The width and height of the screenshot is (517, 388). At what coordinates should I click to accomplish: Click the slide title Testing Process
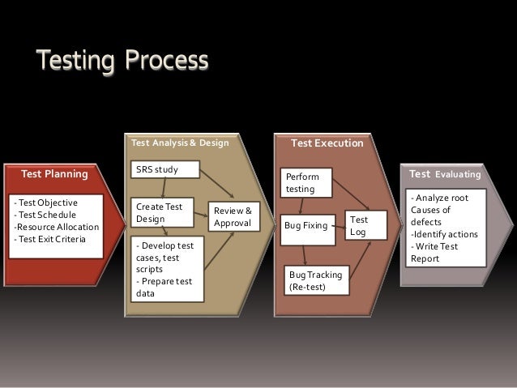pyautogui.click(x=121, y=61)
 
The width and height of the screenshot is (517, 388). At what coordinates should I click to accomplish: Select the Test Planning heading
pyautogui.click(x=54, y=173)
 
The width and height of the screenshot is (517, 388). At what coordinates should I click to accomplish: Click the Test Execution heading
pyautogui.click(x=327, y=144)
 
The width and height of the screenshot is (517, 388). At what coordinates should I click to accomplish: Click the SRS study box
pyautogui.click(x=165, y=170)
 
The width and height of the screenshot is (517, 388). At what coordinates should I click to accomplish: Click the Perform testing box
pyautogui.click(x=308, y=182)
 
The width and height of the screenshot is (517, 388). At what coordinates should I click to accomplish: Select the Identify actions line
pyautogui.click(x=444, y=234)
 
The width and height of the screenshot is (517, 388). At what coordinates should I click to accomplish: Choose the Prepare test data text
pyautogui.click(x=159, y=287)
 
